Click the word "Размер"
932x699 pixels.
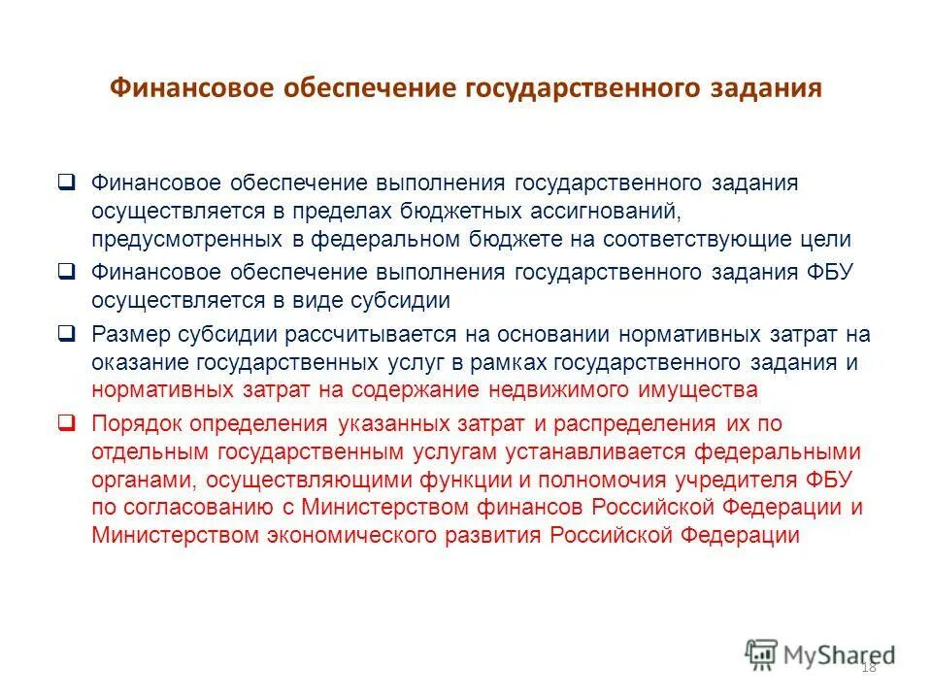pyautogui.click(x=130, y=335)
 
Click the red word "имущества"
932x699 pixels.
pyautogui.click(x=710, y=390)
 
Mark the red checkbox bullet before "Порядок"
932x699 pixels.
pyautogui.click(x=66, y=423)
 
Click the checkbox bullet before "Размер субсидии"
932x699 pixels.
pyautogui.click(x=66, y=334)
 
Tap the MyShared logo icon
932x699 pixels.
pyautogui.click(x=761, y=653)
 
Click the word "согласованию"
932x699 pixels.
pyautogui.click(x=203, y=508)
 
